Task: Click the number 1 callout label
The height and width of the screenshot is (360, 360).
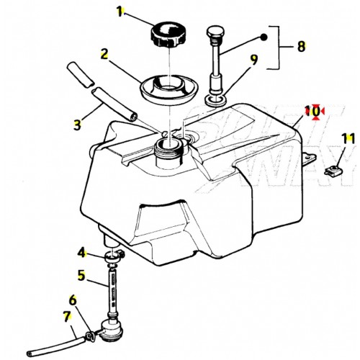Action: (120, 12)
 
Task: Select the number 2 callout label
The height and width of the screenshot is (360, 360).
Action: (104, 53)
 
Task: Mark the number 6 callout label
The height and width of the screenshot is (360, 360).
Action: (72, 299)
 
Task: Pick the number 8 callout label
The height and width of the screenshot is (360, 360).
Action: (301, 46)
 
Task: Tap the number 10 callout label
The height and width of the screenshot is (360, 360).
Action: (312, 111)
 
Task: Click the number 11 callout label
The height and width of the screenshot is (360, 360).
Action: (348, 138)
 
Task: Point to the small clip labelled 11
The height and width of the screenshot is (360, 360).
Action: (332, 171)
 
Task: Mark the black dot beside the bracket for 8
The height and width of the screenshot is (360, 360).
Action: (264, 37)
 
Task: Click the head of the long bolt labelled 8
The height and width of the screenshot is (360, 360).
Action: (215, 33)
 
